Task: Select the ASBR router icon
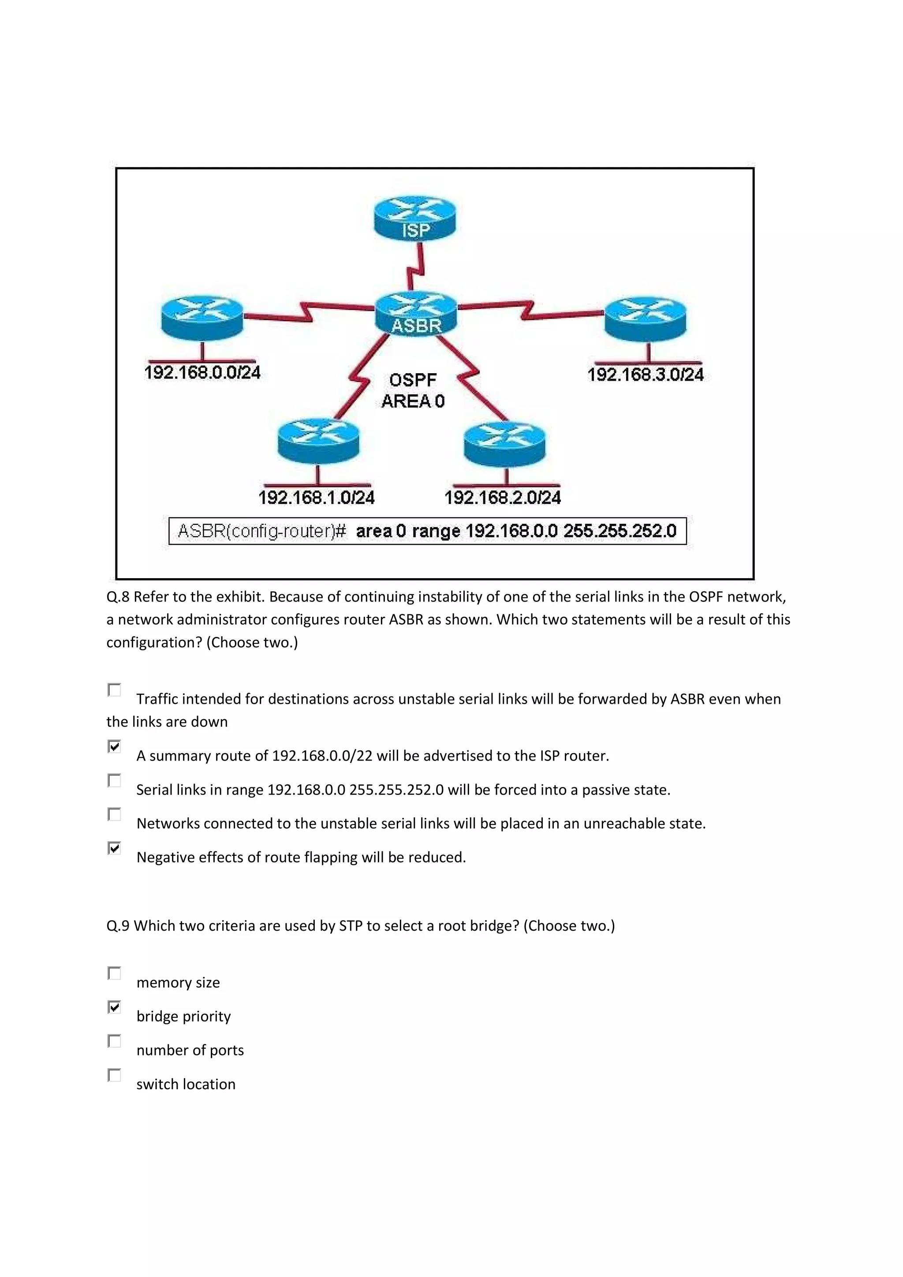[x=416, y=314]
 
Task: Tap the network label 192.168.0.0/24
[x=202, y=372]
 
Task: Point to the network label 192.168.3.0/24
[x=646, y=374]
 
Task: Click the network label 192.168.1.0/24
[x=317, y=497]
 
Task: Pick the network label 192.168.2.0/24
[x=502, y=497]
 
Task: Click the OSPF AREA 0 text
[x=413, y=390]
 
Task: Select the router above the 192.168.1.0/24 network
[x=318, y=441]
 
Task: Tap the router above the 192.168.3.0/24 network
[x=646, y=318]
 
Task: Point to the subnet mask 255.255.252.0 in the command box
[x=620, y=531]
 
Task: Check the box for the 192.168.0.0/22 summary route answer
[x=115, y=746]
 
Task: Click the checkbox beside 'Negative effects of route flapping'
[x=115, y=848]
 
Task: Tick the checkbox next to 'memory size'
[x=115, y=973]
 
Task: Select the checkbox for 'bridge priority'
[x=115, y=1007]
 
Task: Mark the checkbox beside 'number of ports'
[x=115, y=1041]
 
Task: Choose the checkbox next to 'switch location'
[x=115, y=1075]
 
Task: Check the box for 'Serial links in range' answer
[x=115, y=780]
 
